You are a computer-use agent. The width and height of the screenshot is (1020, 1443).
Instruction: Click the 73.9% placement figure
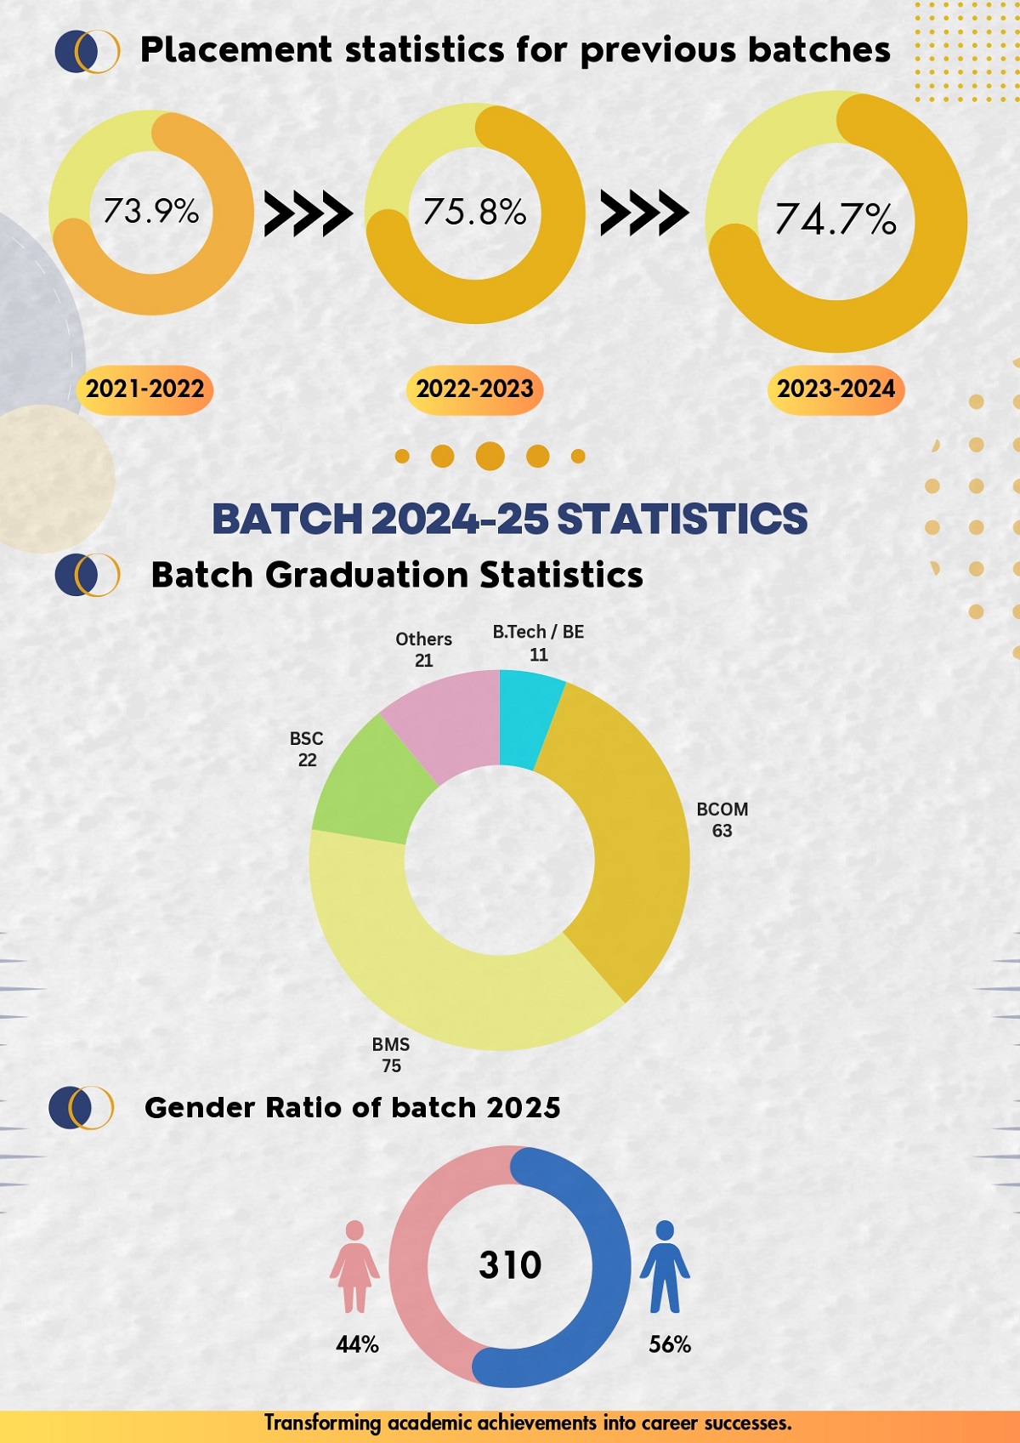[151, 211]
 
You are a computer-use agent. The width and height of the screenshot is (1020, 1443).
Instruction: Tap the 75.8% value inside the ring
[474, 212]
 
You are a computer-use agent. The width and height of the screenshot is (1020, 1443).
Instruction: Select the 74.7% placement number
[836, 219]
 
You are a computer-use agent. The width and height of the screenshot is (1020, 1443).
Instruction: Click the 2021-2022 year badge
[145, 389]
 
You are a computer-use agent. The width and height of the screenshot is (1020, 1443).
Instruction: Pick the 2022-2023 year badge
[474, 389]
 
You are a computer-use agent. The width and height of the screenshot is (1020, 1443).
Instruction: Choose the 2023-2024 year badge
[836, 389]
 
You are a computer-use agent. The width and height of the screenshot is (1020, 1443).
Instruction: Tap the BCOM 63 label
[722, 820]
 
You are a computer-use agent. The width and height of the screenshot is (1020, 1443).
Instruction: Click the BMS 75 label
[391, 1054]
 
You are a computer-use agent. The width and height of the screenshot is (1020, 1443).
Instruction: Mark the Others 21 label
[423, 650]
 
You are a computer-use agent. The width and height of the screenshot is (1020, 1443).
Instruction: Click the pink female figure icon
[354, 1266]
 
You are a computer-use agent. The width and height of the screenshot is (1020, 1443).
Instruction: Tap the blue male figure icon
[665, 1266]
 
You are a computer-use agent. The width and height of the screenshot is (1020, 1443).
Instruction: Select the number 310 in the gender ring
[510, 1265]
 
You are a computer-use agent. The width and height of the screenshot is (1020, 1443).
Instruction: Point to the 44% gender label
[357, 1344]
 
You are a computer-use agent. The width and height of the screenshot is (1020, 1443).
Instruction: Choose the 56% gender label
[670, 1344]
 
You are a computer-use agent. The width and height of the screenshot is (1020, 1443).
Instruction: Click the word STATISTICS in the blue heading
[682, 519]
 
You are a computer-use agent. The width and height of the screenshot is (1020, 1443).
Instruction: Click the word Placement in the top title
[235, 50]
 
